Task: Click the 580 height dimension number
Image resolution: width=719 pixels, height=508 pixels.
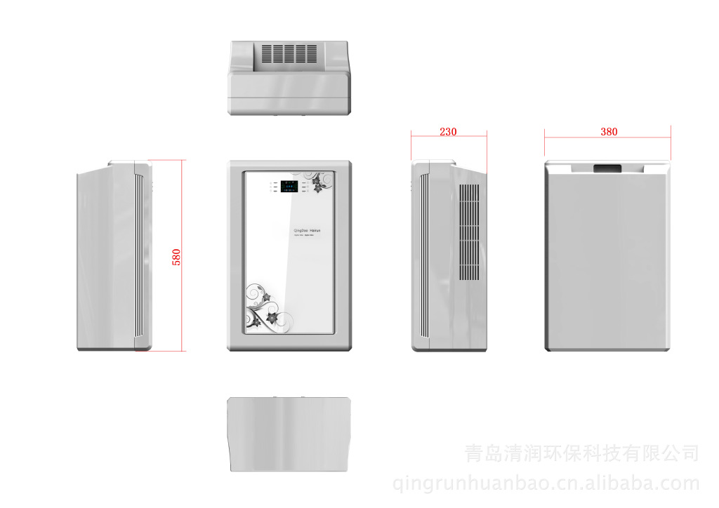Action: (x=176, y=257)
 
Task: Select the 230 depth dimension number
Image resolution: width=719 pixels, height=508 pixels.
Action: (x=448, y=131)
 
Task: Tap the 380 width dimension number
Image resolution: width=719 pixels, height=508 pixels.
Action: (x=609, y=131)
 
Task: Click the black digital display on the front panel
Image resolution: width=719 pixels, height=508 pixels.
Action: (x=288, y=187)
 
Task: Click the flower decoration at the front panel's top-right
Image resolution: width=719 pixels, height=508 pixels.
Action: (x=318, y=182)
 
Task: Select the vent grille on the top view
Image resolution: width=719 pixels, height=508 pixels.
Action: (x=289, y=54)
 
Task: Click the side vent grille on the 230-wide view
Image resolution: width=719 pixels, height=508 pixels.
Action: (x=469, y=232)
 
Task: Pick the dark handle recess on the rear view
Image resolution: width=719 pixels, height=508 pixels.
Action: (x=608, y=168)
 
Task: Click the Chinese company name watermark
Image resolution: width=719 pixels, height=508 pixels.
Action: (x=582, y=453)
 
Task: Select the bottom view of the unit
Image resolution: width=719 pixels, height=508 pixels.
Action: (x=289, y=434)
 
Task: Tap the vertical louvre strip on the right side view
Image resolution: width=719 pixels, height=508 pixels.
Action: (x=423, y=256)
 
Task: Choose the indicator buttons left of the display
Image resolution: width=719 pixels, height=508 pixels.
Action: (x=273, y=187)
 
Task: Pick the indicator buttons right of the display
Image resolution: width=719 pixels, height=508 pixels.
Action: (x=303, y=187)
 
